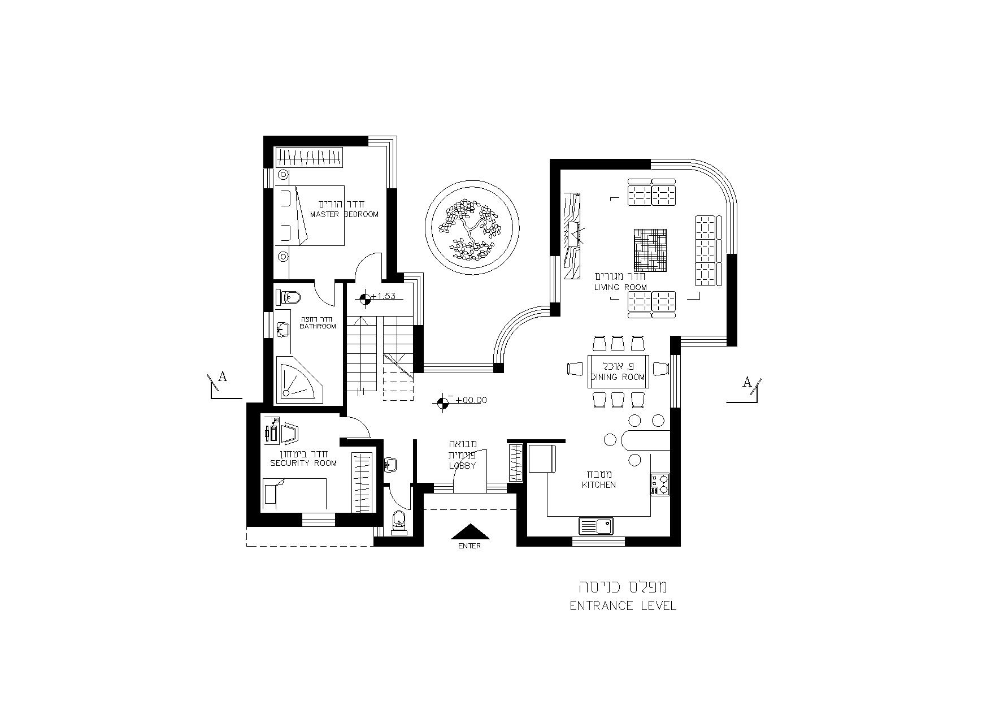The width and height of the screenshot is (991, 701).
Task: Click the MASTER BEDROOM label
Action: (344, 214)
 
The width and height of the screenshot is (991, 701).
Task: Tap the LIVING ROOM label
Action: (620, 287)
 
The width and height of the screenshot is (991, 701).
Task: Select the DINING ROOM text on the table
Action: (618, 377)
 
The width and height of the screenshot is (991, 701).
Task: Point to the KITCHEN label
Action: (599, 485)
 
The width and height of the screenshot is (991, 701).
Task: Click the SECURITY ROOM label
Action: (303, 463)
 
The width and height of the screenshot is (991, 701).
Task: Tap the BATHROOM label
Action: (318, 326)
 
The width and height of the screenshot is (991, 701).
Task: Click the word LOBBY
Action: (462, 466)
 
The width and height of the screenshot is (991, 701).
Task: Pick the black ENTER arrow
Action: (470, 532)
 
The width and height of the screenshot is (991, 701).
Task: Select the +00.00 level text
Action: (471, 400)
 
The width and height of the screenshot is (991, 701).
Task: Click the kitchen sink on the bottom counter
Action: (596, 526)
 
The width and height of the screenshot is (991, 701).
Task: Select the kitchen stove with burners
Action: (659, 484)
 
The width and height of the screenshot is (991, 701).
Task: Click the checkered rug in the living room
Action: (650, 250)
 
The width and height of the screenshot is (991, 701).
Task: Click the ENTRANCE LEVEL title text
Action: (623, 606)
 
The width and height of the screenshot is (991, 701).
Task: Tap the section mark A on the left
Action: (223, 377)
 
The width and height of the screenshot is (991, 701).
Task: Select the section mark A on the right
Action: (747, 382)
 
